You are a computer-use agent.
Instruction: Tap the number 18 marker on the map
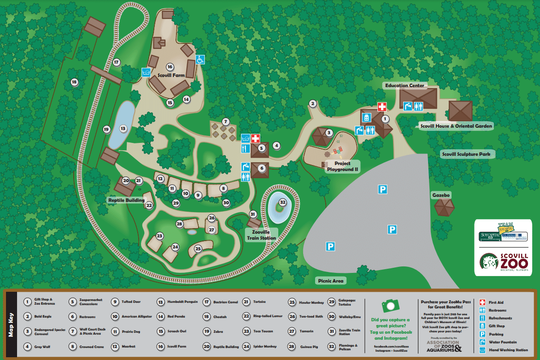tap(75, 83)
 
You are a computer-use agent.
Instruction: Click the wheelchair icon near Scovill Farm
tap(200, 59)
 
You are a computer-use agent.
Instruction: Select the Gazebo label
tap(440, 195)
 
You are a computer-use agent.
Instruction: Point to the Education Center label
tap(405, 85)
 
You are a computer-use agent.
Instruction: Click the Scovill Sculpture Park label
tap(465, 154)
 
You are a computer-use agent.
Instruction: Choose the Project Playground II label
tap(342, 166)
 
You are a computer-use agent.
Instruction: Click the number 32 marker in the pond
tap(282, 202)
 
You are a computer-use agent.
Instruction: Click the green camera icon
tap(390, 306)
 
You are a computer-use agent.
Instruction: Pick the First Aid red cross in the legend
tap(482, 302)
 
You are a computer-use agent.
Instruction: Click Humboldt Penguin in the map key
tap(182, 302)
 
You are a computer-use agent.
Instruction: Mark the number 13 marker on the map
tap(123, 129)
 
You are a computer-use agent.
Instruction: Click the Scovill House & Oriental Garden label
tap(456, 126)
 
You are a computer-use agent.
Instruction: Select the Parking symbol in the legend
tap(482, 334)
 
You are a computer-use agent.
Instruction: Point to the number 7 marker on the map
tap(225, 122)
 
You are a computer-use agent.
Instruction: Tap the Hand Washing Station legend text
tap(508, 350)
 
